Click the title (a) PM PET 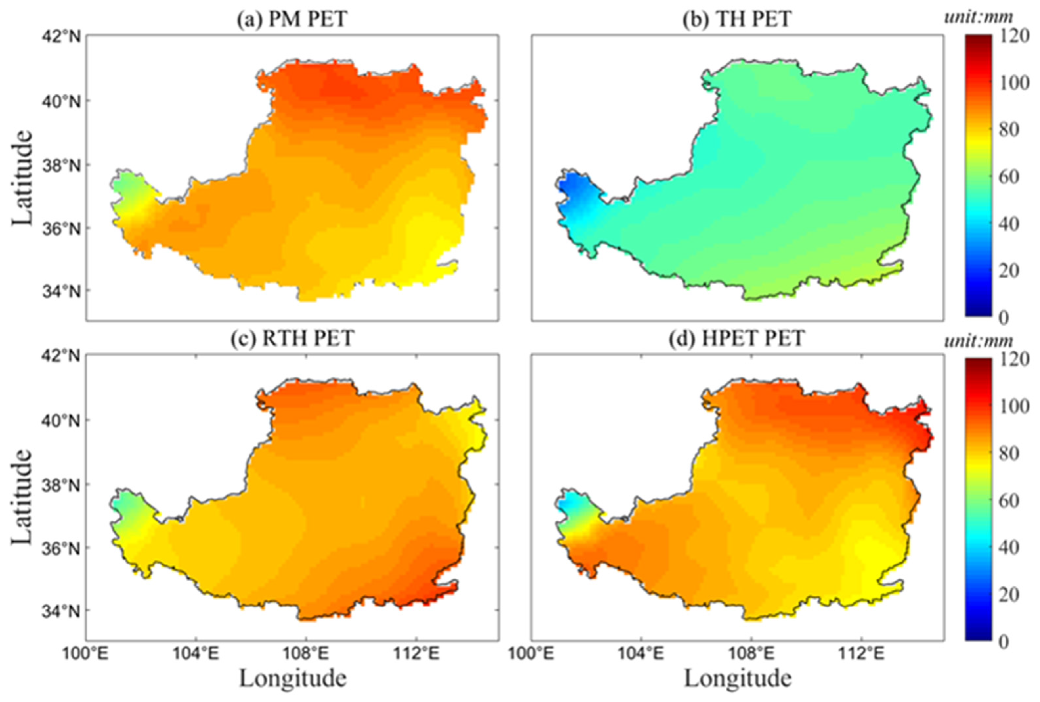(x=292, y=20)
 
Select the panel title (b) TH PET (x=737, y=20)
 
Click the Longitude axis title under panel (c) (x=293, y=678)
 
